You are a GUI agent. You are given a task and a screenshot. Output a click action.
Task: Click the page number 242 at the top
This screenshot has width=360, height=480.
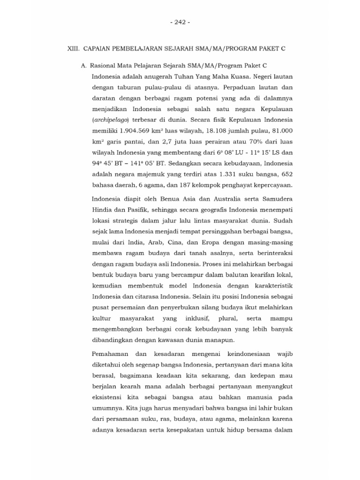click(x=180, y=22)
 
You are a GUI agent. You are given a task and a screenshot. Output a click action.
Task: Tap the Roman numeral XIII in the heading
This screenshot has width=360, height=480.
click(x=75, y=49)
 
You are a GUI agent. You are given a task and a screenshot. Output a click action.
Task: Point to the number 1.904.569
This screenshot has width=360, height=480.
click(x=136, y=131)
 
